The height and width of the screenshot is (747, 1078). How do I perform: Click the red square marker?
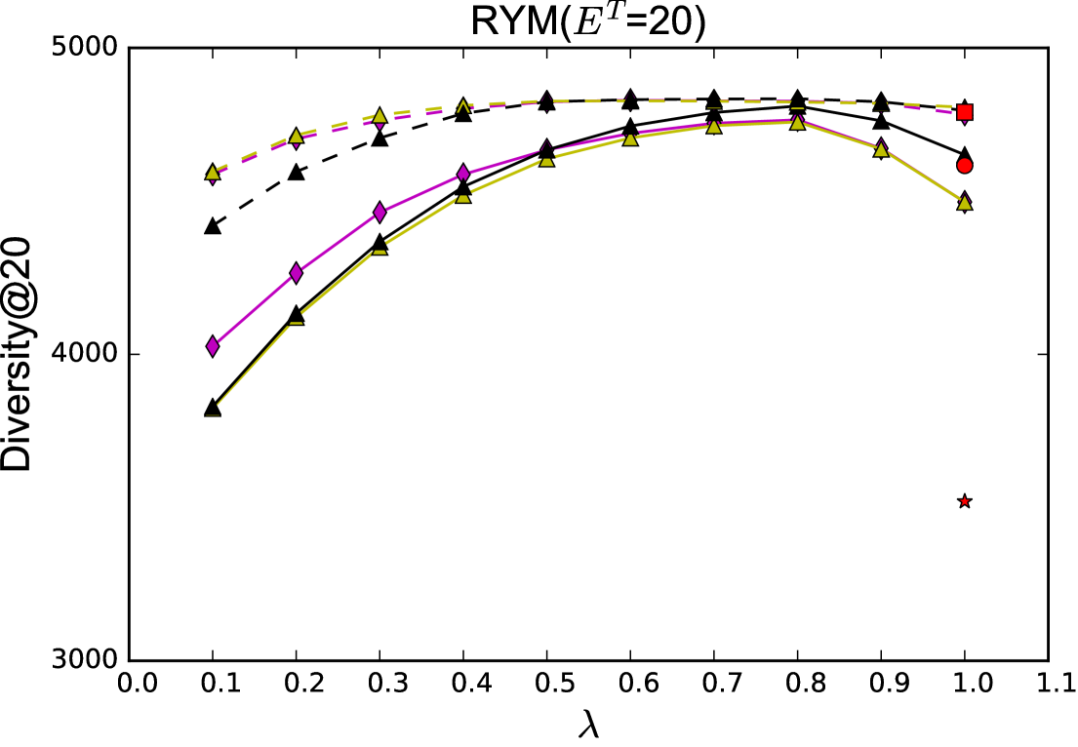(964, 112)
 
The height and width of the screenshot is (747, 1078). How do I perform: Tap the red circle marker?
(964, 166)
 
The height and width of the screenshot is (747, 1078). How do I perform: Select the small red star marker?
(964, 501)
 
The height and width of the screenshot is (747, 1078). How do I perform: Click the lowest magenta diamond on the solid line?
(213, 346)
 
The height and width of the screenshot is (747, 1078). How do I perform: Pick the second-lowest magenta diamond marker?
(296, 273)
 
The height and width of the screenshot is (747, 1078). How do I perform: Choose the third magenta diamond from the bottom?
(379, 213)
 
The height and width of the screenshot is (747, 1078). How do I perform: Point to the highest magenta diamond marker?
(463, 174)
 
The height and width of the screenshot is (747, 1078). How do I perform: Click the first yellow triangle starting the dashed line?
(213, 173)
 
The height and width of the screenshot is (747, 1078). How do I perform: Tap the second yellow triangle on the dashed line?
(296, 136)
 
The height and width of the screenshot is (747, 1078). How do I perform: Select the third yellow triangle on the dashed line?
(379, 116)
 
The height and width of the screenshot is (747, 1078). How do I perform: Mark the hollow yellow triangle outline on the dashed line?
(463, 106)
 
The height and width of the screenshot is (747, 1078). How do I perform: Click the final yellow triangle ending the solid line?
(964, 203)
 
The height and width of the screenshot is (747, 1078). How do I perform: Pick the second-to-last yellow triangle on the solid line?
(881, 149)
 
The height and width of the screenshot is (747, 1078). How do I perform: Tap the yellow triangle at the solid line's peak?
(797, 123)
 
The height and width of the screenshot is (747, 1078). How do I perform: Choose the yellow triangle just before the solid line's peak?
(714, 126)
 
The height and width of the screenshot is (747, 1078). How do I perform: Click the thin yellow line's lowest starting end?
(213, 411)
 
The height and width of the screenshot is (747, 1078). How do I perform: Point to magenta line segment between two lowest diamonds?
(254, 310)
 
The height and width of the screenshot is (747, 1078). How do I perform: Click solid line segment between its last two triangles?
(923, 177)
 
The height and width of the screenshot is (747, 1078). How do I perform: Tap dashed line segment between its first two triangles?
(254, 153)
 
